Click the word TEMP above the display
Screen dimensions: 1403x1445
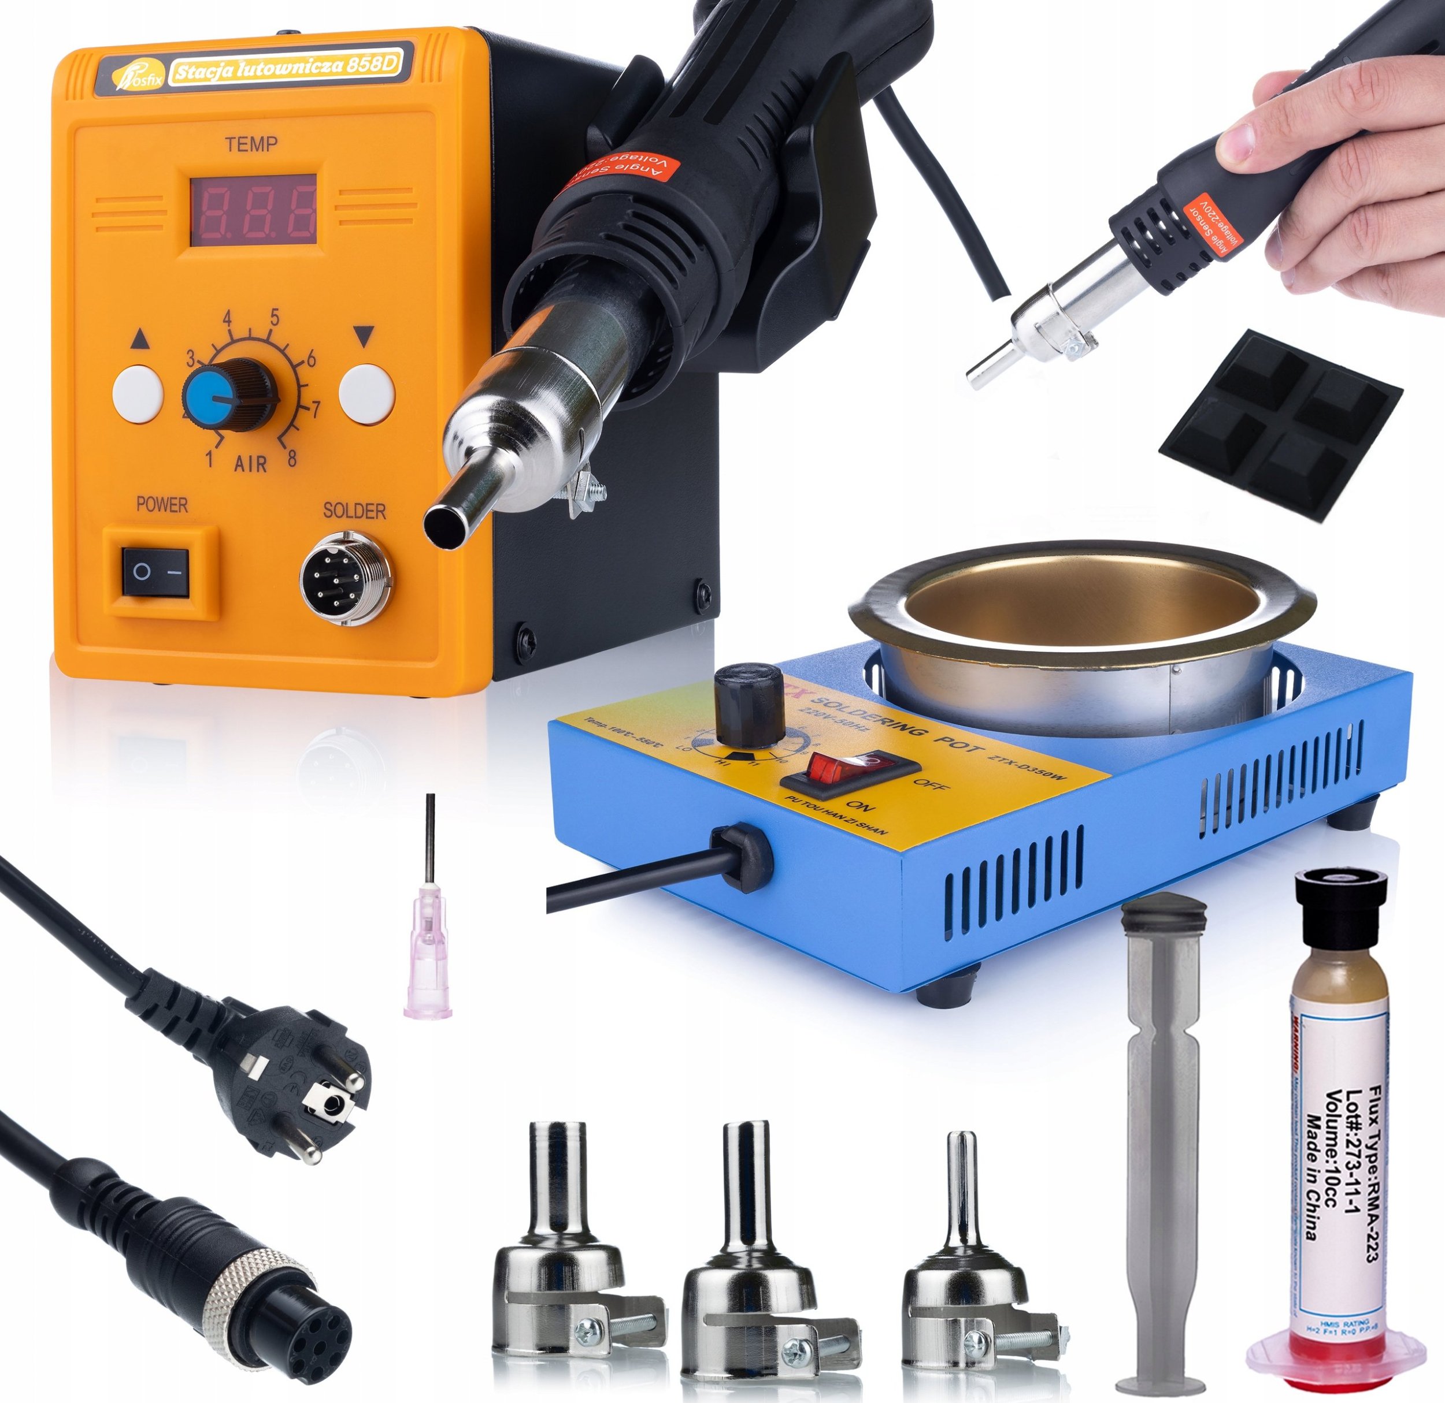[x=251, y=144]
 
